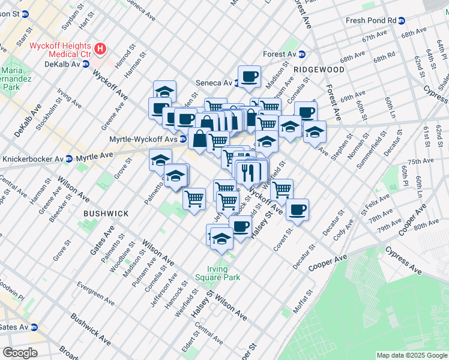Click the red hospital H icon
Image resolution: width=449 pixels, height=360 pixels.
point(100,47)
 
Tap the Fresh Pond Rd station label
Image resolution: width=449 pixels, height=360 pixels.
point(370,20)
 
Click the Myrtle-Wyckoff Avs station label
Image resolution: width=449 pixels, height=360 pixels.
point(134,139)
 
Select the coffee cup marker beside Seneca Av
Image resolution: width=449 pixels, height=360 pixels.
point(249,76)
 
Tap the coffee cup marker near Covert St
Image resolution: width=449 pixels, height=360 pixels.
point(297,209)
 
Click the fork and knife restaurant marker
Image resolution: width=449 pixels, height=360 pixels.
point(248,172)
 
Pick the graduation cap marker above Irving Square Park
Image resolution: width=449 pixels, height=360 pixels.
point(221,239)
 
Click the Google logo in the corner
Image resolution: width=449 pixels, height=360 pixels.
point(20,353)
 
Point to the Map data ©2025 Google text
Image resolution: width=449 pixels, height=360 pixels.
point(412,355)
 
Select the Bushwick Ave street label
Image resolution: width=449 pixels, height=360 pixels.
point(86,327)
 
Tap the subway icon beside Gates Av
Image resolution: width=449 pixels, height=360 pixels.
point(34,327)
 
